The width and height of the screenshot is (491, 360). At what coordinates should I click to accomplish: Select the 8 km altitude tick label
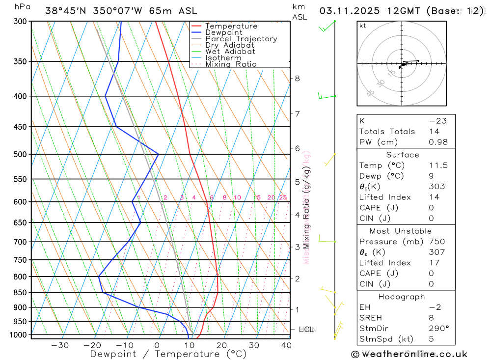tap(297, 78)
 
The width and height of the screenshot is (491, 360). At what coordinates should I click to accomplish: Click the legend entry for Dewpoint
tap(223, 32)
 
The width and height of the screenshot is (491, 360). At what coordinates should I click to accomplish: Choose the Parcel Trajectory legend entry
tap(241, 39)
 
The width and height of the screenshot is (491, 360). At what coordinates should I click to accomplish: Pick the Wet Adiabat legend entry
tap(230, 52)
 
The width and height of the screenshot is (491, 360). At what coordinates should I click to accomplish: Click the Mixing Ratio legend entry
tap(231, 64)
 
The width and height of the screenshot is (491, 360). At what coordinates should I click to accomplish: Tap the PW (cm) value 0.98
tap(438, 142)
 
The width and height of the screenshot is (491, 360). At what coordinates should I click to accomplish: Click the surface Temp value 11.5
tap(438, 166)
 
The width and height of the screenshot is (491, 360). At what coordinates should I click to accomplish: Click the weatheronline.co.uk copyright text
tap(409, 354)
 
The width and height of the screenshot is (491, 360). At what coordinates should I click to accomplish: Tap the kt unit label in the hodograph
tap(363, 26)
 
